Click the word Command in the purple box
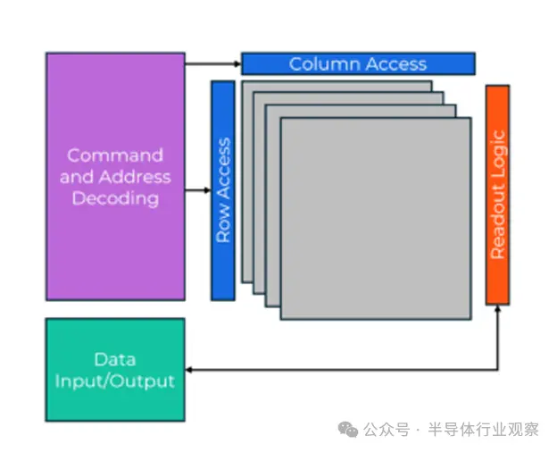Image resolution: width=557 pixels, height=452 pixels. [115, 155]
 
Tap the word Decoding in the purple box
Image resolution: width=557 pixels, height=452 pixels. [115, 198]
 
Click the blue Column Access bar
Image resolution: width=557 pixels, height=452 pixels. [357, 63]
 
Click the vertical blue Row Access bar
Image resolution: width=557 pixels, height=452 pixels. [223, 190]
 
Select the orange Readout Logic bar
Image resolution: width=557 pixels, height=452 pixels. [497, 195]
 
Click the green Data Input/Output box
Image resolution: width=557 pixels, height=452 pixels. [115, 370]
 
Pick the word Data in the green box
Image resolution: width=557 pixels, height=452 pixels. [115, 359]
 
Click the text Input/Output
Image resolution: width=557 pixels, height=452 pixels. [115, 381]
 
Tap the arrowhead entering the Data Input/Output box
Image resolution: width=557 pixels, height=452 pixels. [189, 369]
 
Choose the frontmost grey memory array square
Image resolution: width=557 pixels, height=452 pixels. [375, 218]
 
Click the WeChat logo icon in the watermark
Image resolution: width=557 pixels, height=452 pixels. [347, 430]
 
